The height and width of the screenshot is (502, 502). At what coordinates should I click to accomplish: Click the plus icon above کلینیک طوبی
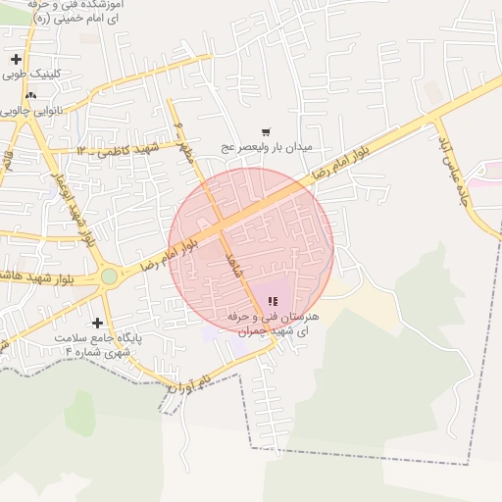tap(16, 60)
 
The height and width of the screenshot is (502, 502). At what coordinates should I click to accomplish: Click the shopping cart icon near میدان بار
tap(265, 131)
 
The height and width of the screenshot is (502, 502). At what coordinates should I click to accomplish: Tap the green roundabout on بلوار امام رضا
tap(109, 276)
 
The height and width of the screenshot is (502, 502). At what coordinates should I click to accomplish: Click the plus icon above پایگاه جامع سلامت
tap(97, 323)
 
